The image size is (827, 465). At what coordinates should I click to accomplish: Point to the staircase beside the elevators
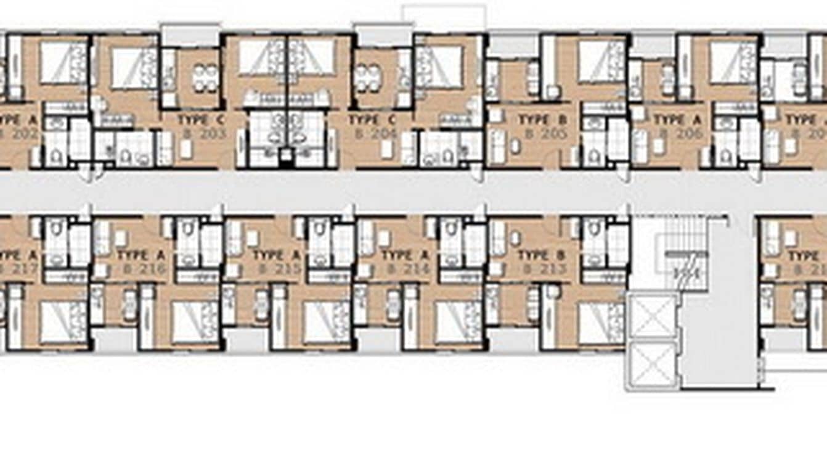pyautogui.click(x=680, y=259)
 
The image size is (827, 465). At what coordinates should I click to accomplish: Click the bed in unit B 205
pyautogui.click(x=601, y=62)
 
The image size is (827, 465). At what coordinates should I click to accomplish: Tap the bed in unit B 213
pyautogui.click(x=601, y=322)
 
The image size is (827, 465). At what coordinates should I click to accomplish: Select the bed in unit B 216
pyautogui.click(x=194, y=322)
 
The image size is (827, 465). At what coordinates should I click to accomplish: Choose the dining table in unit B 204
pyautogui.click(x=368, y=78)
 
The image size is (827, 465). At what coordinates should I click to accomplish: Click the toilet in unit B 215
pyautogui.click(x=319, y=232)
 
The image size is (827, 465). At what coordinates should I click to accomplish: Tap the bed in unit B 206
pyautogui.click(x=733, y=62)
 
